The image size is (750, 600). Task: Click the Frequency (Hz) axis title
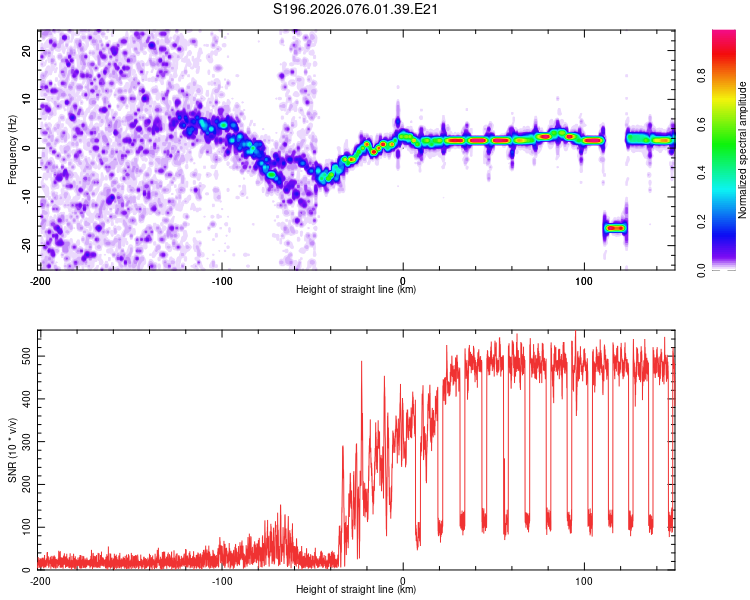pos(12,149)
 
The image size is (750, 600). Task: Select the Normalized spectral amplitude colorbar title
pos(743,150)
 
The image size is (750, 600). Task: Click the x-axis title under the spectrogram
pos(357,290)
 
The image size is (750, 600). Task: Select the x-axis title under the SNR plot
pos(357,590)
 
